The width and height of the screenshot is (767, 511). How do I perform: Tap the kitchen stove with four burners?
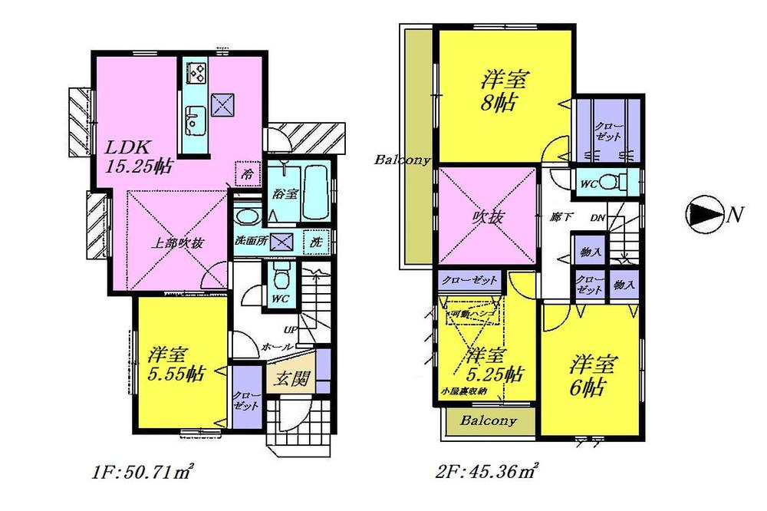196,74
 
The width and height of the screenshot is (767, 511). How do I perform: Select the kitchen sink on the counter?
194,120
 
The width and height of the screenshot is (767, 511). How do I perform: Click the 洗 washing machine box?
316,241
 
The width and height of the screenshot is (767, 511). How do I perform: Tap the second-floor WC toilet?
609,183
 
